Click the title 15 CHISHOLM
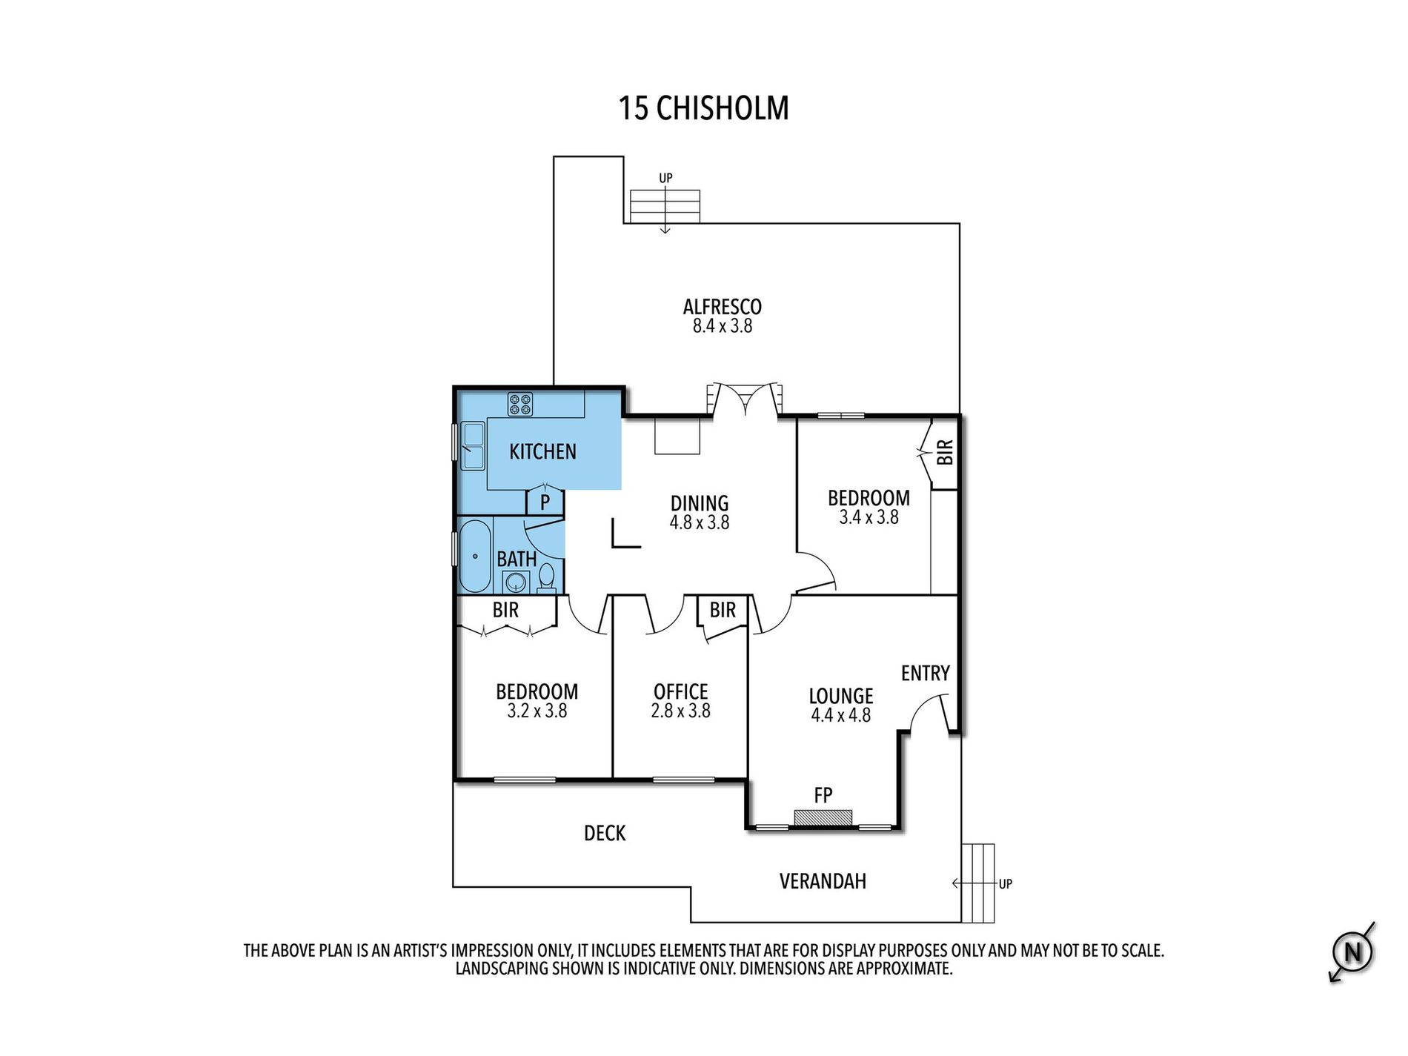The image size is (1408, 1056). pos(703,108)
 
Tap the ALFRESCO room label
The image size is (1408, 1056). pos(722,307)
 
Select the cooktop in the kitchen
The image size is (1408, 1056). pos(519,404)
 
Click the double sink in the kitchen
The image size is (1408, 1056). pos(472,445)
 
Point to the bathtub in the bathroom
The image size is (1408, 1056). pos(474,556)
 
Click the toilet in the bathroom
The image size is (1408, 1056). pos(546,577)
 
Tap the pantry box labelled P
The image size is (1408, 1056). pos(545,502)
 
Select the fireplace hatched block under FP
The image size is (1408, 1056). pos(823,817)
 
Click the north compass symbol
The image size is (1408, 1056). pos(1352,952)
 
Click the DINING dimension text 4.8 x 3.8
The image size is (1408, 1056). pos(700,522)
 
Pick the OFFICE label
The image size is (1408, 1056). pos(680,691)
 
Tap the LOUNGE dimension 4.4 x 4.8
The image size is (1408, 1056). pos(840,715)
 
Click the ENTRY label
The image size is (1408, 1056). pos(925,673)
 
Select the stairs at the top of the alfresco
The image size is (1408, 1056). pos(665,206)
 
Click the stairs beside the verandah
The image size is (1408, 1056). pos(977,883)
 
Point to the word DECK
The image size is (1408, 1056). pos(605,833)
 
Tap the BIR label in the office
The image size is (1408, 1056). pos(723,610)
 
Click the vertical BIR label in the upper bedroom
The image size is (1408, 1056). pos(945,452)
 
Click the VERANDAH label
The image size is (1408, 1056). pos(823,881)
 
